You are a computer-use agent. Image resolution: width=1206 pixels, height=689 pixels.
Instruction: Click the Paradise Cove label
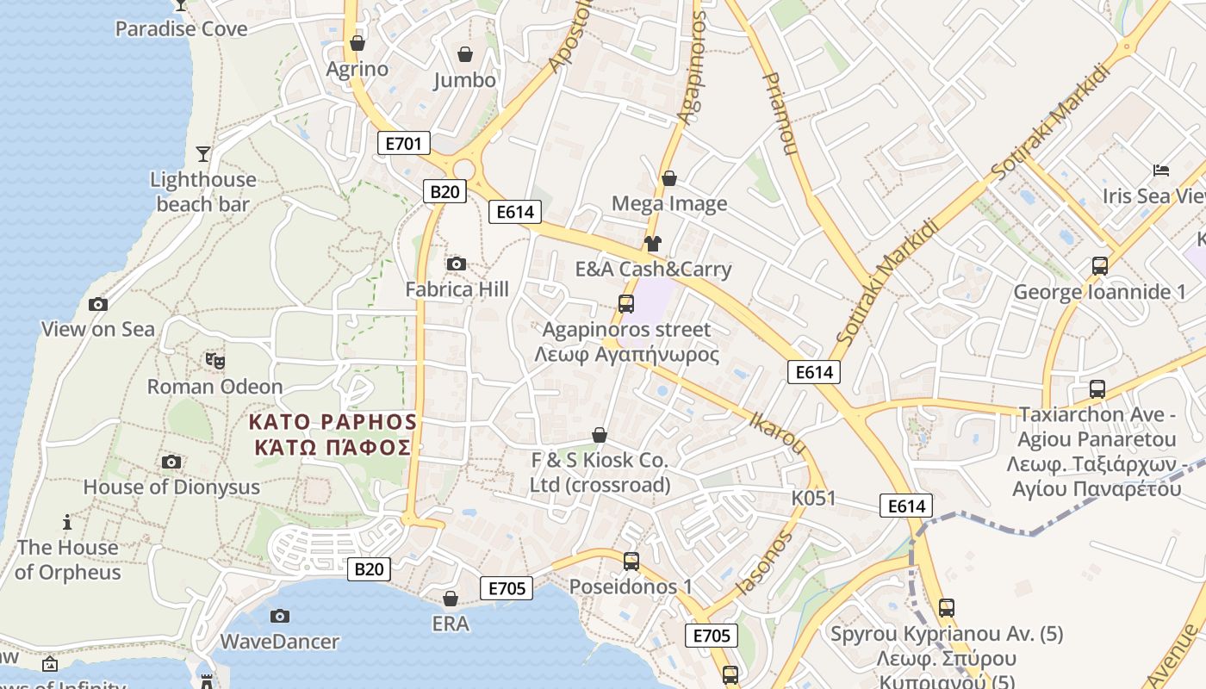181,29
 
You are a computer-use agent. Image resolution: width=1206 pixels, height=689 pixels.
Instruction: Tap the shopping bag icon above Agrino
357,43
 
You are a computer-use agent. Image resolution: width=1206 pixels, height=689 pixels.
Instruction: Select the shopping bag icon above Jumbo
465,54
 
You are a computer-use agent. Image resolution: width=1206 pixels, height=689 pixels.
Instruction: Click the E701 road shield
403,143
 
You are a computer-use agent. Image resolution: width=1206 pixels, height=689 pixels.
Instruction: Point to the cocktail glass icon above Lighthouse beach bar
202,154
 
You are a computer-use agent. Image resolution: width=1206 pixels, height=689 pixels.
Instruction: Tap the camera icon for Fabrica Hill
457,264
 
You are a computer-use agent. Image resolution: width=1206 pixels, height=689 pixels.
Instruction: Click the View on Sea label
98,329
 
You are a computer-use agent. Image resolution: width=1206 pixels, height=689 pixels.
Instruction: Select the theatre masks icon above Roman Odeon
214,361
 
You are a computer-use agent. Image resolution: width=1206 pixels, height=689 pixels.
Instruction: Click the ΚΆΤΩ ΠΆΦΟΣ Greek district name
333,448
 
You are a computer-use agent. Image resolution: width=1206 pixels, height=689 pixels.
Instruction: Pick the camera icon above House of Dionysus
171,462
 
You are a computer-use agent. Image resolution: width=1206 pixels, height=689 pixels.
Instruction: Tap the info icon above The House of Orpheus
67,522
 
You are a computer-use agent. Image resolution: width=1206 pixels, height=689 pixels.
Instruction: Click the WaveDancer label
280,642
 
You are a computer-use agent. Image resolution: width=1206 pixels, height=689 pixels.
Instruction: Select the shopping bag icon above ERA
450,599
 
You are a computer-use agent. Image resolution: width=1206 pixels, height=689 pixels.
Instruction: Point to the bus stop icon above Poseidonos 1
631,562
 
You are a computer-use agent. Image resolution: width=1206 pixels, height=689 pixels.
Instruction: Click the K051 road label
814,499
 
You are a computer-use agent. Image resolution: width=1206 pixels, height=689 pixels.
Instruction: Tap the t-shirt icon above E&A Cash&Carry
652,244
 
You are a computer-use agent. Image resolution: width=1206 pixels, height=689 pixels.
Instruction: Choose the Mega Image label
669,204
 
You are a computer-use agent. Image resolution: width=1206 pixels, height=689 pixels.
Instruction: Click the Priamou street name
780,113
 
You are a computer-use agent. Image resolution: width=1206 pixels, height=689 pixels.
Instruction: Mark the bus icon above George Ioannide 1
1099,266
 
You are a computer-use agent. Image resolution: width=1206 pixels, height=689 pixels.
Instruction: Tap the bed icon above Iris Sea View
1161,171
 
